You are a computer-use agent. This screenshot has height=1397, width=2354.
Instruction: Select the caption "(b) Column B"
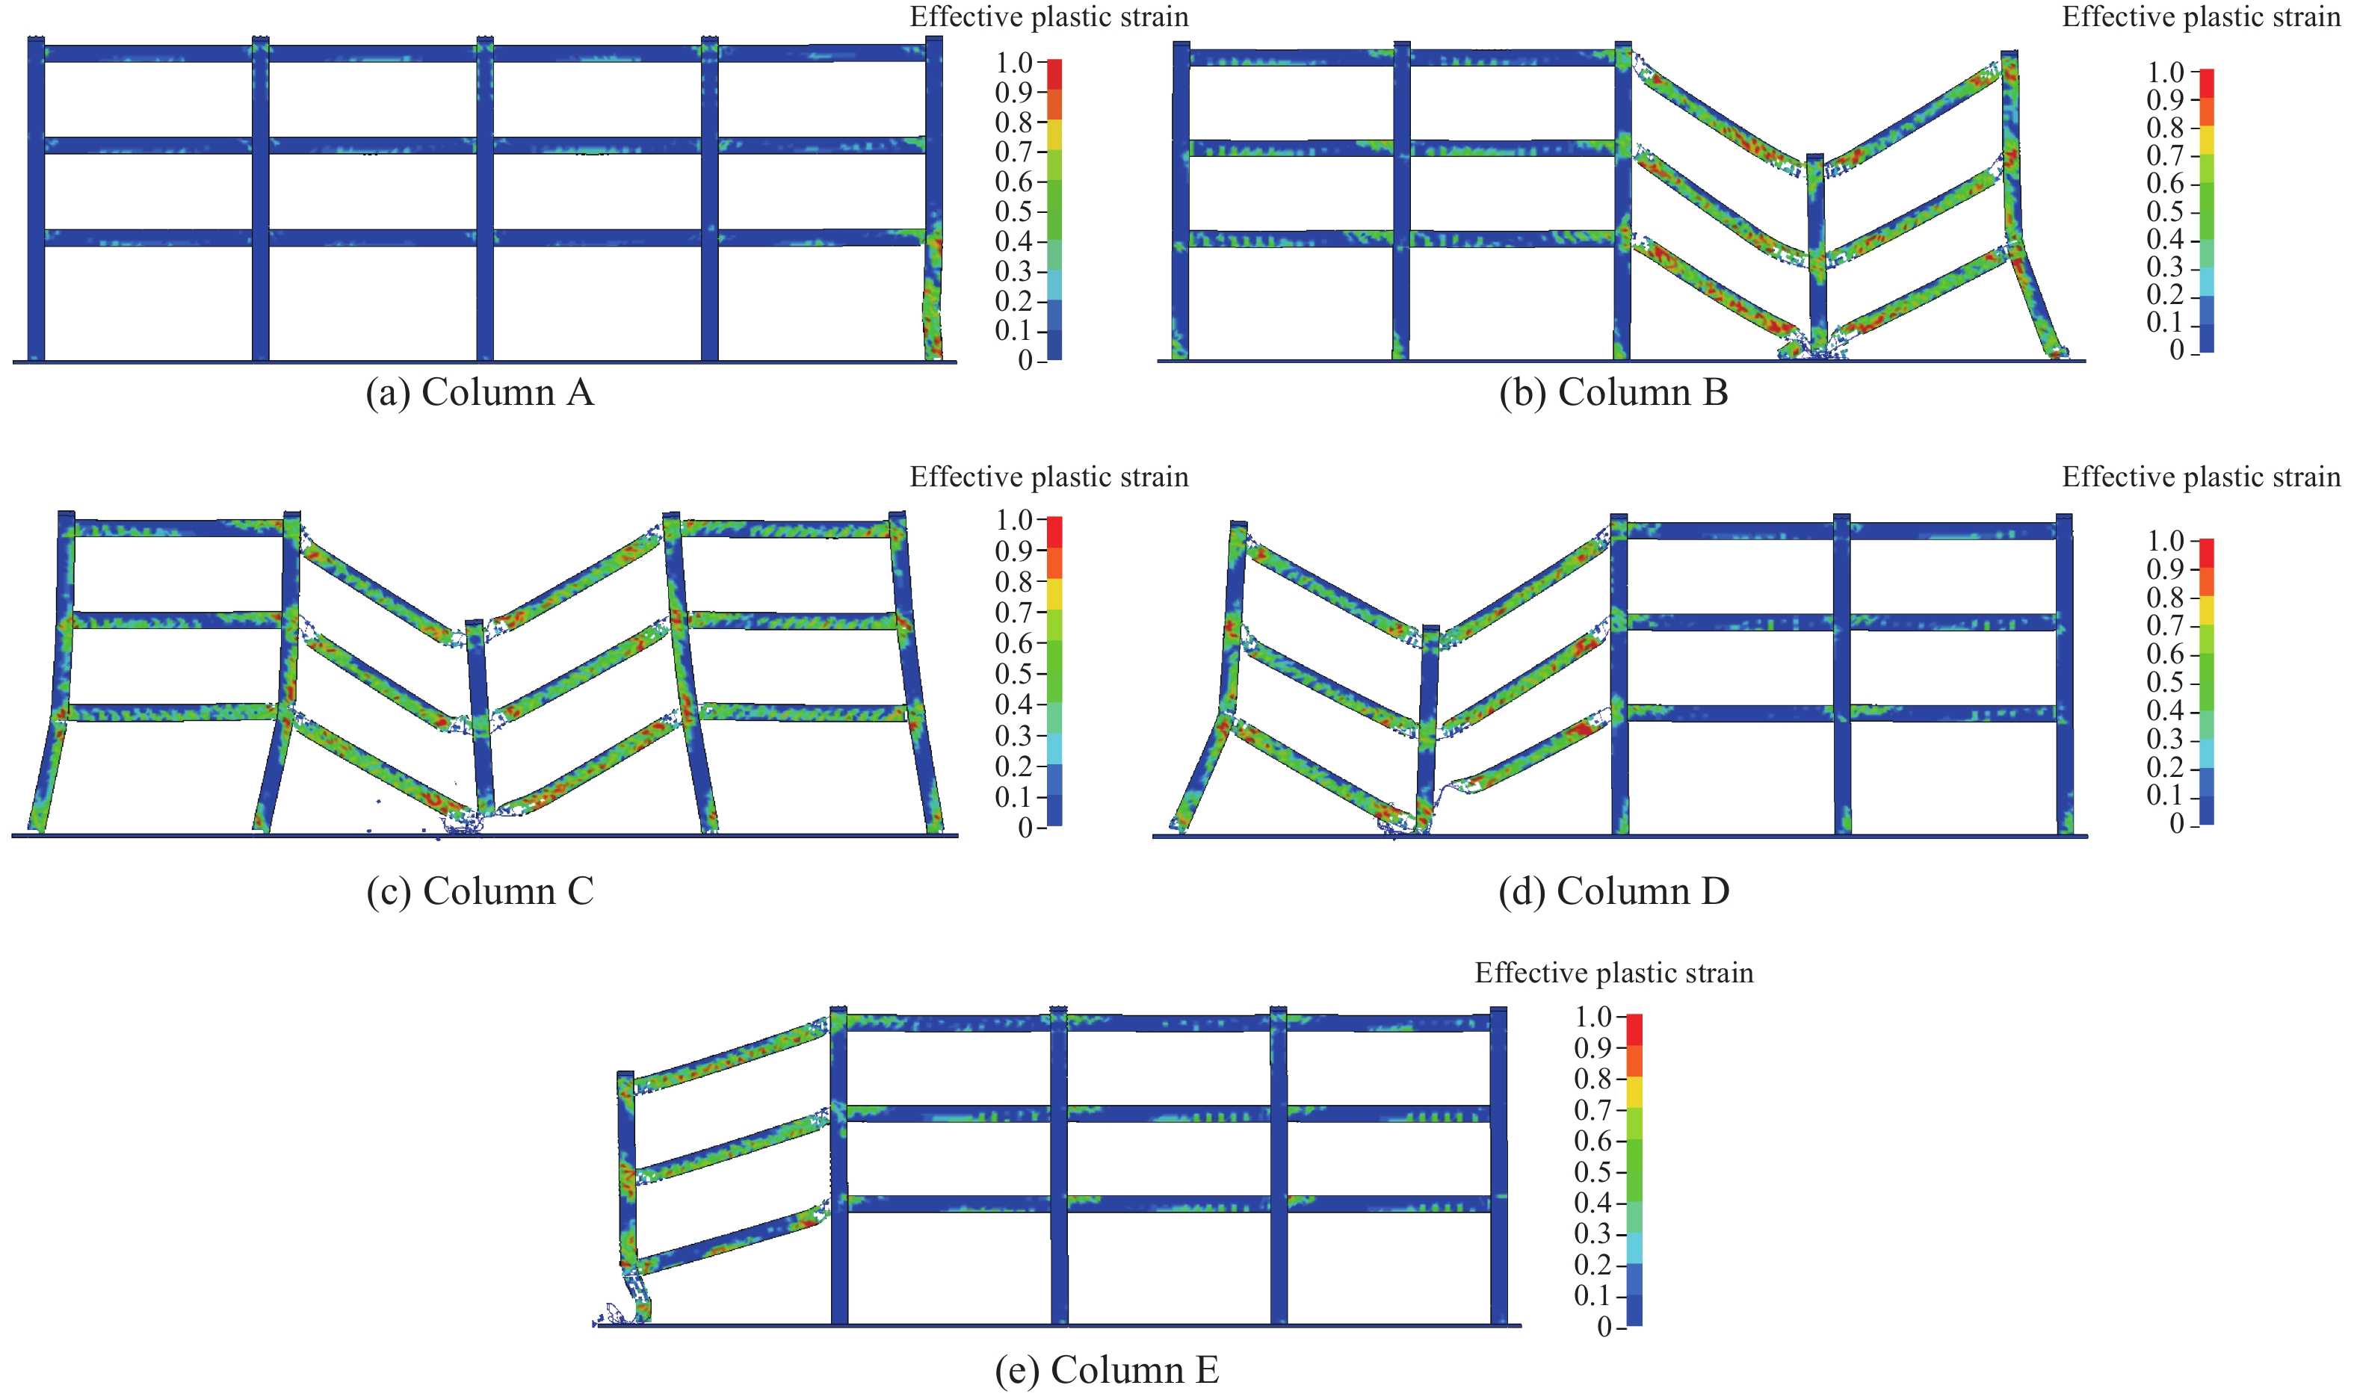(x=1613, y=392)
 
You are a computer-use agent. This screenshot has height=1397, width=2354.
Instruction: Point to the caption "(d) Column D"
(x=1613, y=890)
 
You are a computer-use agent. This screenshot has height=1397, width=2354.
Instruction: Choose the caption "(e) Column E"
(x=1106, y=1369)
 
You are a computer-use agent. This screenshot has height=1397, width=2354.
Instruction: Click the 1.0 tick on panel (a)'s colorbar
(x=1015, y=63)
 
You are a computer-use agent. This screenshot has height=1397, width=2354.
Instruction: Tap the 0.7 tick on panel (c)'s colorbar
(x=1015, y=613)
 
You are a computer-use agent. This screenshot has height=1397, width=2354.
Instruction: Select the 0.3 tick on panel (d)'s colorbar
(x=2166, y=739)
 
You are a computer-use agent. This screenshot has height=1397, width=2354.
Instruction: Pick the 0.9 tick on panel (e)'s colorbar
(x=1593, y=1047)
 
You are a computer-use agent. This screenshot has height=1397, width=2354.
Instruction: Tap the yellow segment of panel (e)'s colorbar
(x=1634, y=1092)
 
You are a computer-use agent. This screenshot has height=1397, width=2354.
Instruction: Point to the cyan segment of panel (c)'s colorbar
(x=1054, y=749)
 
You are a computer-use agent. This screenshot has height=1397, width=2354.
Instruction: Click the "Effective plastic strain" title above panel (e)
(x=1613, y=973)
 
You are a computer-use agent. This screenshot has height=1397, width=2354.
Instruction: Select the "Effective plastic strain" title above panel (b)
(x=2201, y=17)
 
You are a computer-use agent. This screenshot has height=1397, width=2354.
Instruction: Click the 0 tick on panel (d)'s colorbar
(x=2176, y=825)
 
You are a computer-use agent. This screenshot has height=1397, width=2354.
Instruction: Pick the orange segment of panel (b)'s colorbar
(x=2206, y=112)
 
